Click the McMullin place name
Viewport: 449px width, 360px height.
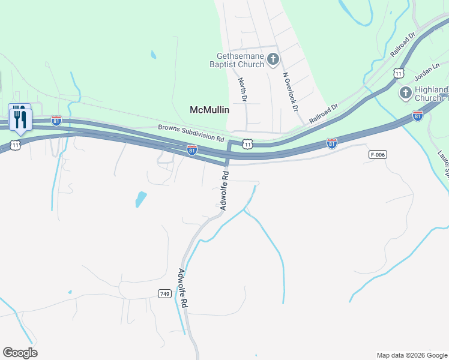click(x=209, y=110)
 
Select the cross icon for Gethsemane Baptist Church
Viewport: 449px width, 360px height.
click(x=273, y=59)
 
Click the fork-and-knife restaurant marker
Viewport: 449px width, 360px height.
click(x=20, y=117)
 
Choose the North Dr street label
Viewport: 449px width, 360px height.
click(x=243, y=89)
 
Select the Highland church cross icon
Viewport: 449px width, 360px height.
click(x=405, y=93)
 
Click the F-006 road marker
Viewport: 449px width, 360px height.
click(x=376, y=155)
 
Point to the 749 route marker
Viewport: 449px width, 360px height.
click(x=165, y=293)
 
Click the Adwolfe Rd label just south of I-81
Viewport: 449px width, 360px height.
click(x=224, y=191)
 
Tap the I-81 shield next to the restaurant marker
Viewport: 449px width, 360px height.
click(x=56, y=120)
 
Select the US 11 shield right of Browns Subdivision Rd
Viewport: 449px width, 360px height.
click(x=248, y=144)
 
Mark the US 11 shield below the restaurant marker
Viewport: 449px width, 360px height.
click(x=16, y=145)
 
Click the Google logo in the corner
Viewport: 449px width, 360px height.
click(x=20, y=353)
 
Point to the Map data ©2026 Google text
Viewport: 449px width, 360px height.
click(x=411, y=355)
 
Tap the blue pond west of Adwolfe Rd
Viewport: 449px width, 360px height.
click(x=140, y=199)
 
